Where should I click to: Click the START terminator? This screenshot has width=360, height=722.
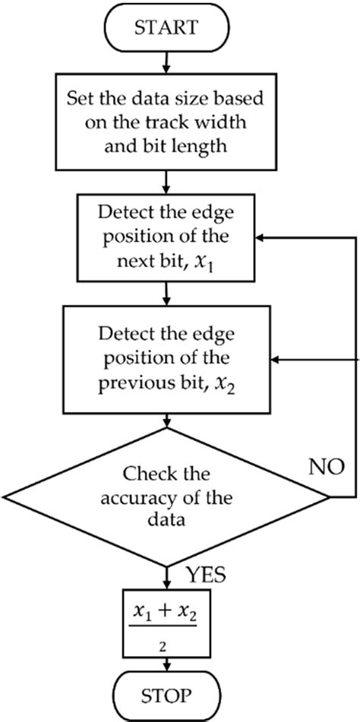[166, 29]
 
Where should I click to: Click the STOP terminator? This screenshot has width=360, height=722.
[166, 694]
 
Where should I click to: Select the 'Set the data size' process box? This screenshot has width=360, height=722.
[166, 121]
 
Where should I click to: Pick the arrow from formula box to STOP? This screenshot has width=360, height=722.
[166, 664]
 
